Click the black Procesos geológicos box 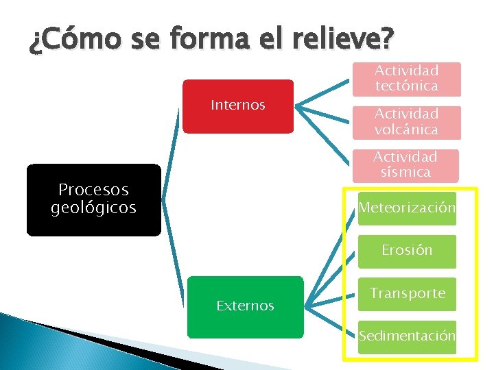93,199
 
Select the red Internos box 237,106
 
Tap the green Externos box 245,306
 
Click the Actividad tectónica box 407,79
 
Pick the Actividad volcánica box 407,121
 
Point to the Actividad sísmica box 407,164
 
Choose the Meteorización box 407,207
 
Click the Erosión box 407,250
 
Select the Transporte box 407,293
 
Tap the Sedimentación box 407,336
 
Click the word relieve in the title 344,39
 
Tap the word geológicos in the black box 93,208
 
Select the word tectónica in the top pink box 407,86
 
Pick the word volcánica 407,129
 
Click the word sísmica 407,172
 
